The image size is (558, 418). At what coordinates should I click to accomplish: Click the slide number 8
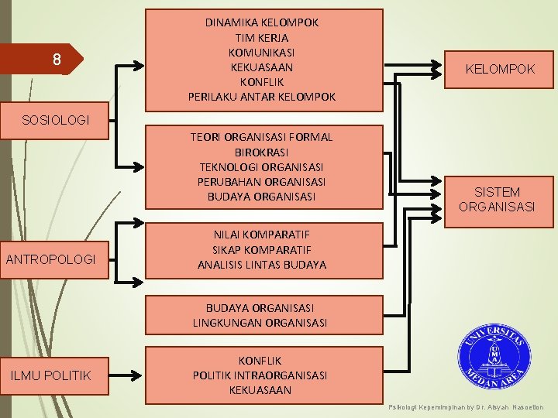(x=56, y=60)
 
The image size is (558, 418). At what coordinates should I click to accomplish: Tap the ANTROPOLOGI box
(x=50, y=259)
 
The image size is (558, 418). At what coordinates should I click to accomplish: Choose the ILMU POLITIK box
(x=50, y=375)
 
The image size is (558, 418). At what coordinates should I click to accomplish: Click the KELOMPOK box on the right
(x=500, y=70)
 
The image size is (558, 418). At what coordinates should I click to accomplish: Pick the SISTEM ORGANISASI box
(x=497, y=200)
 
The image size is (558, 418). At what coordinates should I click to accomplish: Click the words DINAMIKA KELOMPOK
(x=261, y=22)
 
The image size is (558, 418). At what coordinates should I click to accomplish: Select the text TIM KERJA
(x=261, y=37)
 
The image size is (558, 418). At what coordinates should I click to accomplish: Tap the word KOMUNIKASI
(x=261, y=52)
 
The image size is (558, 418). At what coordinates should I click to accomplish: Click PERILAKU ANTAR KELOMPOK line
(x=261, y=97)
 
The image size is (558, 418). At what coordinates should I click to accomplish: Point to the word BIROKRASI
(x=261, y=152)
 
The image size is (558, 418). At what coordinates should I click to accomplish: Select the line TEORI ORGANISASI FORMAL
(x=261, y=137)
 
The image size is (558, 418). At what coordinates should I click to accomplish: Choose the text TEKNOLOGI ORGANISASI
(x=261, y=166)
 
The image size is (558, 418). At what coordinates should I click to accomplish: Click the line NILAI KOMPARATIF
(x=261, y=235)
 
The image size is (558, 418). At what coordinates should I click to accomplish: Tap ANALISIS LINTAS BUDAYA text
(x=261, y=265)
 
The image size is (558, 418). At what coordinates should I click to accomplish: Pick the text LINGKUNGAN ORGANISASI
(x=260, y=322)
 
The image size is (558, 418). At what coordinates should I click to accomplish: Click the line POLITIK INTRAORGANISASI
(x=260, y=375)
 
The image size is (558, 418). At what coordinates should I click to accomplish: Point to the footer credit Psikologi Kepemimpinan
(x=465, y=407)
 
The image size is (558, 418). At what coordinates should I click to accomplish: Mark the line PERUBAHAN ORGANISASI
(x=261, y=181)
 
